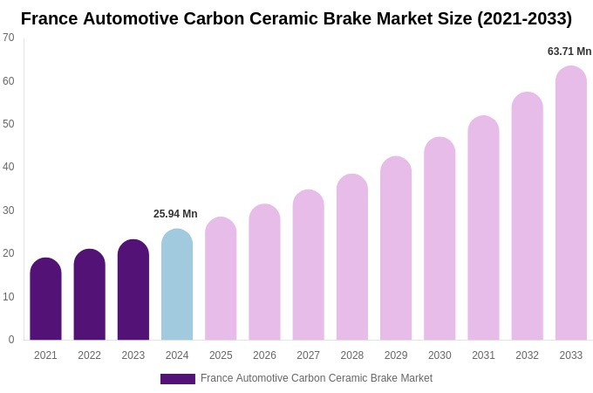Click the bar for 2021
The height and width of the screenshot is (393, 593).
[45, 300]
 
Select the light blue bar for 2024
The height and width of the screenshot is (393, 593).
[177, 285]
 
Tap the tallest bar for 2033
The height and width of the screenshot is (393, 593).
[570, 203]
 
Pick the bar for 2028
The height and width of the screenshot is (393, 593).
[352, 258]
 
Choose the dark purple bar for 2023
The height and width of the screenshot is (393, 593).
[133, 290]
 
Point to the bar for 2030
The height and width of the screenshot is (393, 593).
[440, 239]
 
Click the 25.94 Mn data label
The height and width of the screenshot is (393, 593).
[175, 214]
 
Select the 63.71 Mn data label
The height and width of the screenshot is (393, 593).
[569, 52]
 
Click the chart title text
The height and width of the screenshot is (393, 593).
[296, 18]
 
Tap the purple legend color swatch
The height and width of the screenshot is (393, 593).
[178, 379]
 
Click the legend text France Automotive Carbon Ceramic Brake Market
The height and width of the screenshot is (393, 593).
[317, 378]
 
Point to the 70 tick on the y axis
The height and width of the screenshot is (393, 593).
[9, 38]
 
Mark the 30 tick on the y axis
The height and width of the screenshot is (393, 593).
[9, 210]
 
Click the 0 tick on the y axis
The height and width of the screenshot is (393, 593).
[11, 340]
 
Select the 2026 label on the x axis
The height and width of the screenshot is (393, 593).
[264, 355]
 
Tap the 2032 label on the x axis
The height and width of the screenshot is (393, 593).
[527, 355]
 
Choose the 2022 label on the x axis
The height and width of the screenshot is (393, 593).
[89, 355]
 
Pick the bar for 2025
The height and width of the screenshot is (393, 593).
[221, 279]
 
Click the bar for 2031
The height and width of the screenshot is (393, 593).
[483, 229]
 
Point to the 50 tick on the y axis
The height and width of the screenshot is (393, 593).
[9, 124]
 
